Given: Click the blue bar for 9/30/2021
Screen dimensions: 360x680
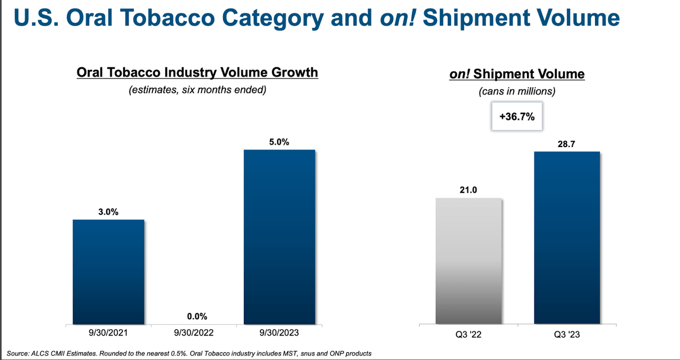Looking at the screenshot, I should coord(108,271).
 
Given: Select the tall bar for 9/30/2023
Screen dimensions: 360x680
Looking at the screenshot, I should coord(279,236).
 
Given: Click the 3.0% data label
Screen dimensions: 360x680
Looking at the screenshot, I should coord(108,212).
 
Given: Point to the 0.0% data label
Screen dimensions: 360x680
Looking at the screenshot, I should coord(197,316).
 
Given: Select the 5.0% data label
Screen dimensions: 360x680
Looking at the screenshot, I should coord(279,142).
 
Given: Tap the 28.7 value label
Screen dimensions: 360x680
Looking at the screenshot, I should coord(567,144).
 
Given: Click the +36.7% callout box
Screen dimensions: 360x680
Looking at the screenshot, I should coord(517,116).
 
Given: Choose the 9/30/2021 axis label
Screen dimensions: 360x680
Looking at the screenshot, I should coord(108,333).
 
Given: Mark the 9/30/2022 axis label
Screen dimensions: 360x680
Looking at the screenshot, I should coord(194,333).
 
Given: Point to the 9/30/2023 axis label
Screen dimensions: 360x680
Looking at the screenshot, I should coord(280,333).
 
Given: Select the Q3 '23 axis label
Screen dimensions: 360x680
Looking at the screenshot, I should coord(567,335).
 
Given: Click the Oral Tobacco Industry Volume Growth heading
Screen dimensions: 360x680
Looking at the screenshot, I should coord(197,72).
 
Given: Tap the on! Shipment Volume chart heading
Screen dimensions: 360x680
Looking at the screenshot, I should coord(517,74).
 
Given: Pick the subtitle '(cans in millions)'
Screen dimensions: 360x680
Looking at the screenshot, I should coord(517,91).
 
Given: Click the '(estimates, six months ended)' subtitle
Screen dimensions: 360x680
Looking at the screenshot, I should coord(197,90).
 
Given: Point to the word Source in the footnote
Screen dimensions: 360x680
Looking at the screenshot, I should coord(18,353).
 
